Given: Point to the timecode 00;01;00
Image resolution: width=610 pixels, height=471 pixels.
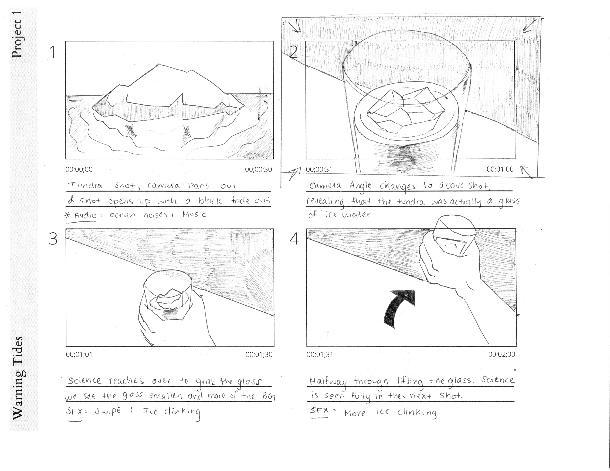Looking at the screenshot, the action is [500, 169].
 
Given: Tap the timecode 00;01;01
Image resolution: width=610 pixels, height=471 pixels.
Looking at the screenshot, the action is [79, 355].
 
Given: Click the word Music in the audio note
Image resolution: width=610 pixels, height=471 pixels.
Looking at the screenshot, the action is [194, 214].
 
